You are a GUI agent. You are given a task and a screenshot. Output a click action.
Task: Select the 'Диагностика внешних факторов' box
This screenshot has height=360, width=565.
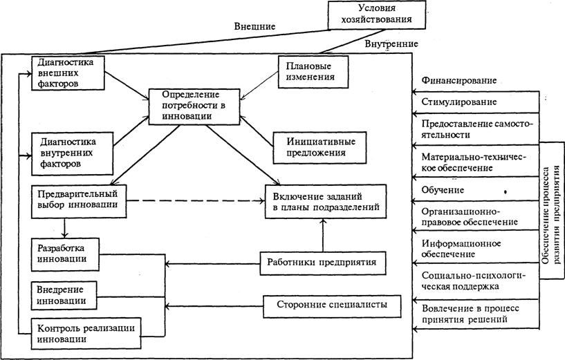pyautogui.click(x=67, y=73)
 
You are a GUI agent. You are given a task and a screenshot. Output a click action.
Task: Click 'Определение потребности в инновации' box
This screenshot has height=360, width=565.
pyautogui.click(x=188, y=105)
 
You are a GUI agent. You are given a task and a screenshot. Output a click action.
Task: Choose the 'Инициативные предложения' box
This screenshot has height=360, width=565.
pyautogui.click(x=311, y=146)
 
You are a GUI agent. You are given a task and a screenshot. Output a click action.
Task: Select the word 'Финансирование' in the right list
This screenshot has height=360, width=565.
pyautogui.click(x=457, y=80)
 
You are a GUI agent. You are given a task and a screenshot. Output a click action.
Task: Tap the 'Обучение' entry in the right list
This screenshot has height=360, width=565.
pyautogui.click(x=443, y=189)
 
